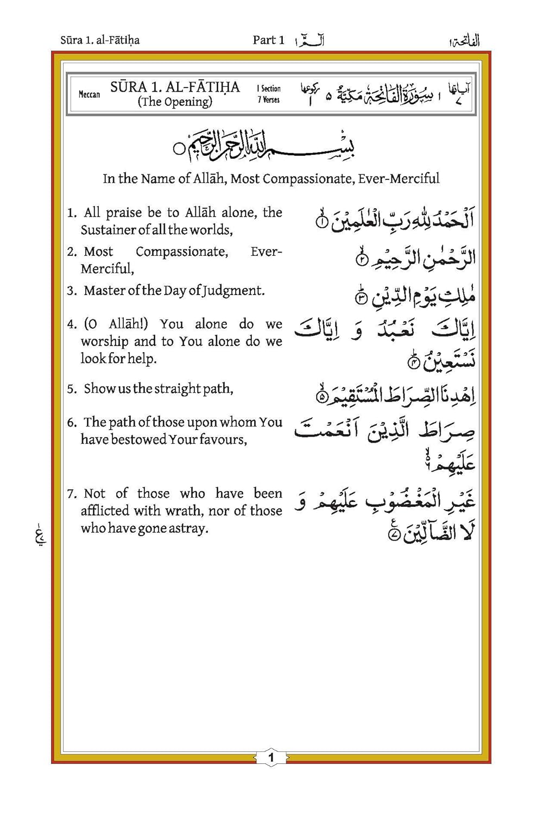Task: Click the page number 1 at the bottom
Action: [x=271, y=757]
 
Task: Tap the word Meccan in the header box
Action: [x=89, y=94]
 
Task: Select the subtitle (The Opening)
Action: [x=175, y=102]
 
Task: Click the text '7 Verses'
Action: [x=269, y=99]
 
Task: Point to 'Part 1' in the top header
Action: [x=268, y=40]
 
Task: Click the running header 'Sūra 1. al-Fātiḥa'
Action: [x=100, y=40]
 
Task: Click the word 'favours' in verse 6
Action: [x=222, y=439]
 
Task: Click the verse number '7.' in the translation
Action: [x=72, y=494]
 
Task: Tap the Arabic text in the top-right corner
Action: [x=465, y=41]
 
